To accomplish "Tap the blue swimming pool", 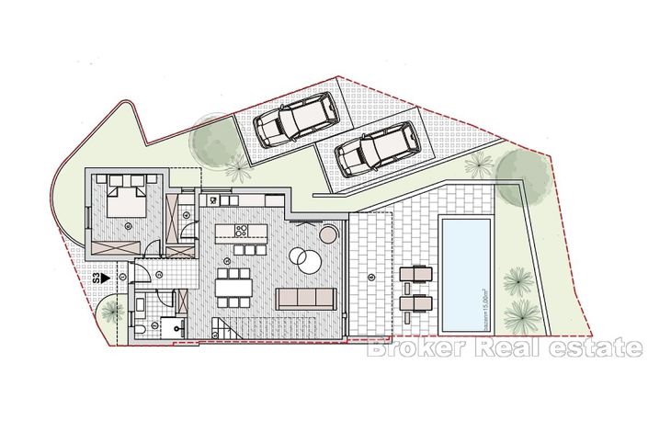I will tap(467, 272).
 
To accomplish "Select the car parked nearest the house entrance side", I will tap(287, 122).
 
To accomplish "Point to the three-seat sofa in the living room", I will tap(306, 298).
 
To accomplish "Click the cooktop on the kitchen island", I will tap(243, 230).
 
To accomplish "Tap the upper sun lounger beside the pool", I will tap(416, 273).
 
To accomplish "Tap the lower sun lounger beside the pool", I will tap(416, 301).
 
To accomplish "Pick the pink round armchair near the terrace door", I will tap(328, 237).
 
